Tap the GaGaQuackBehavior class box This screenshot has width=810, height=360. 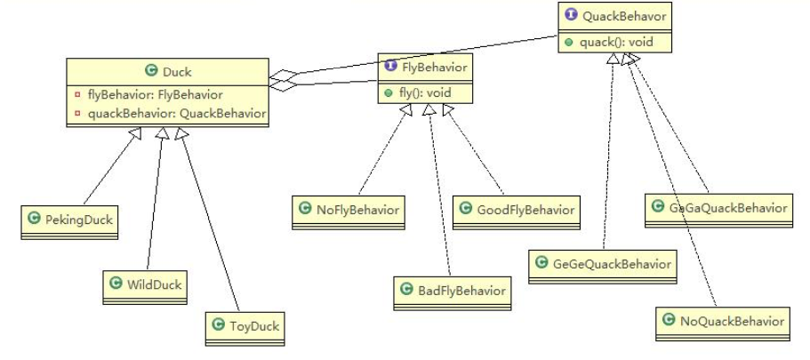click(716, 207)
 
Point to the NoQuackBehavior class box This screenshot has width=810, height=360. click(723, 321)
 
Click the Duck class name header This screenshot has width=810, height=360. click(167, 70)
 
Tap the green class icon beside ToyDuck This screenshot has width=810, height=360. click(218, 325)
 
